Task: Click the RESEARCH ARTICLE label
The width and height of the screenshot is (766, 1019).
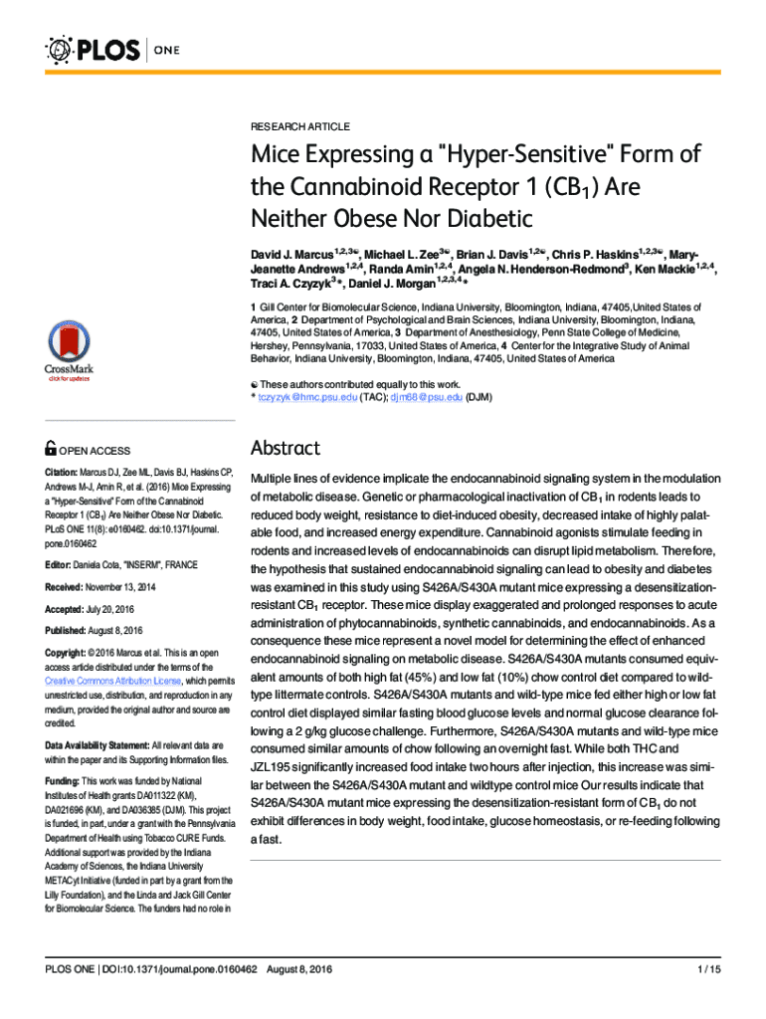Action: pyautogui.click(x=299, y=127)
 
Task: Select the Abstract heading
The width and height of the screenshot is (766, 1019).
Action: pyautogui.click(x=285, y=448)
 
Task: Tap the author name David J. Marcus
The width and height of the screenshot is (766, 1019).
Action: pyautogui.click(x=289, y=255)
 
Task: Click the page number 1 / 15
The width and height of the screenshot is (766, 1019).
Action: pyautogui.click(x=709, y=969)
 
